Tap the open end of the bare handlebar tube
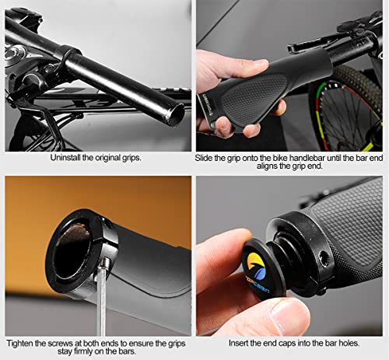pyautogui.click(x=177, y=114)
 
